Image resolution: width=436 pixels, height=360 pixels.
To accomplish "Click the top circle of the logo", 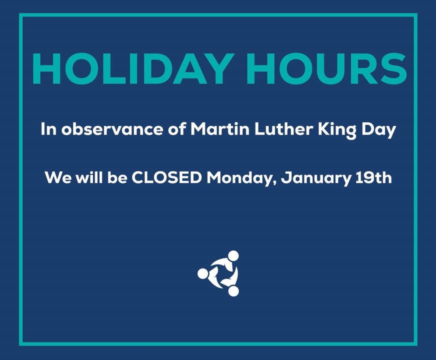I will click(233, 256).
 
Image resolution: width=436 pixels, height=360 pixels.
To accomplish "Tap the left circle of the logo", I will click(202, 273).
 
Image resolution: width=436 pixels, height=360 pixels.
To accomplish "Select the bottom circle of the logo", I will click(233, 291).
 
